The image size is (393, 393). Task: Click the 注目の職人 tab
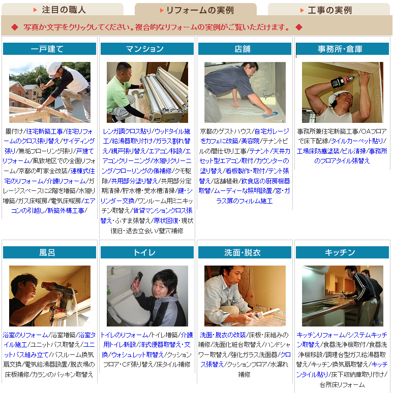point(62,10)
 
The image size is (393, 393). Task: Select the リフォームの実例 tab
point(196,10)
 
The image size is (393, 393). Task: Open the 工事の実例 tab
point(329,10)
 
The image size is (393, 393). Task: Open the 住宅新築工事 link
point(44,132)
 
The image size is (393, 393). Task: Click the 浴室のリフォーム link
point(25,335)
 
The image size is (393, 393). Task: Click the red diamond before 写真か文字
point(15,27)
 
